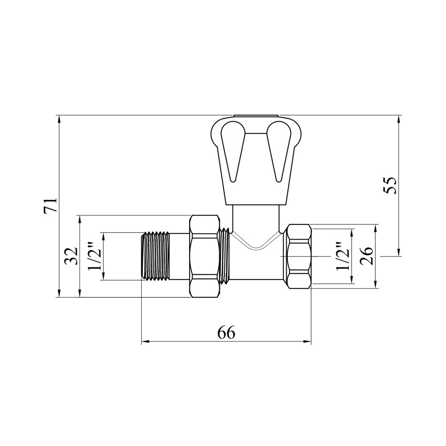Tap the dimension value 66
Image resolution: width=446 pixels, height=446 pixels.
pyautogui.click(x=227, y=332)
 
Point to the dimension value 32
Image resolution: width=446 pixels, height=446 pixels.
pyautogui.click(x=70, y=256)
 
